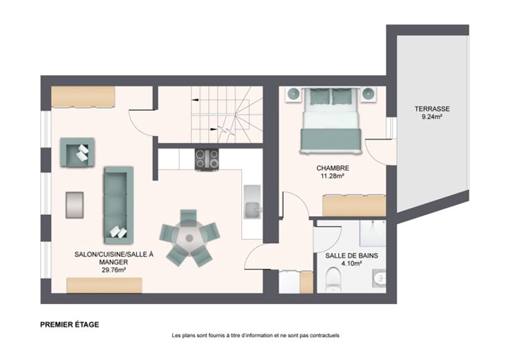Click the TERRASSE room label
coord(432,109)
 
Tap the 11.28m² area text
coord(333,176)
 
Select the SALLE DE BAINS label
coord(351,256)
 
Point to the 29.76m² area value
coord(114,270)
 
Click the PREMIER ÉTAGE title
coord(69,325)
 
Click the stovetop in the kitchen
coord(207,160)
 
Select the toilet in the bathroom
coord(333,278)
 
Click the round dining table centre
coord(189,238)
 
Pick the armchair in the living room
coord(77,153)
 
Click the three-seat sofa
coord(119,205)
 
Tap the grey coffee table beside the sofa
coord(75,205)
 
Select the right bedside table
coord(369,95)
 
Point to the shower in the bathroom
coord(372,234)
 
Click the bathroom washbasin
coord(379,278)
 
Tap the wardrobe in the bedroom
coord(354,205)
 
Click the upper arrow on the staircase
coord(196,100)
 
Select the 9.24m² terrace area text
coord(432,117)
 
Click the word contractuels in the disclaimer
coord(324,336)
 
